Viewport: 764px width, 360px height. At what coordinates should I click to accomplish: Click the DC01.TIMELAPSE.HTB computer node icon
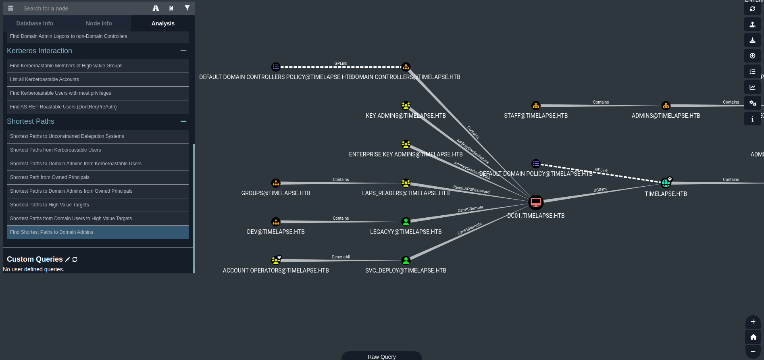tap(536, 202)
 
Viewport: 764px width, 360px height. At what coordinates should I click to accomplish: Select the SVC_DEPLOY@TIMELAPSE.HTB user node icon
tap(406, 260)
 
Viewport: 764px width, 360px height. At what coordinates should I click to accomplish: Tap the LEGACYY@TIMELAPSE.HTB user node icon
tap(406, 222)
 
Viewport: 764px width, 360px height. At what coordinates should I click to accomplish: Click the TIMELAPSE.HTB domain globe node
tap(666, 183)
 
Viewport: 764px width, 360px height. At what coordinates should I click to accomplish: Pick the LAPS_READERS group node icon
tap(406, 183)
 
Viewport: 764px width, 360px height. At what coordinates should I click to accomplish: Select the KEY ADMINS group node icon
tap(406, 106)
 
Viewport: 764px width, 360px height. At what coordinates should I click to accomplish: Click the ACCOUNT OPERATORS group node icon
tap(276, 260)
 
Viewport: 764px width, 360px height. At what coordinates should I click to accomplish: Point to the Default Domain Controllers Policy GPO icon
tap(276, 67)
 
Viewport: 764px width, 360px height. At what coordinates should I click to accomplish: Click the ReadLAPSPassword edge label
tap(471, 189)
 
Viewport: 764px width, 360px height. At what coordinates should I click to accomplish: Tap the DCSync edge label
tap(600, 189)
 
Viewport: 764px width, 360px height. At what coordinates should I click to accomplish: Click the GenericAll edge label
tap(341, 257)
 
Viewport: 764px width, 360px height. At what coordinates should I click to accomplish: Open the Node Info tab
tap(99, 23)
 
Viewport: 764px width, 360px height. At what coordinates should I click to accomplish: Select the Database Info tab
tap(35, 23)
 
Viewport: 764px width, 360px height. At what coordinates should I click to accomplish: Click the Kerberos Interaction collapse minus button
tap(183, 51)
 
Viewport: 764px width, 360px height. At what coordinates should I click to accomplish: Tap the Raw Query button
tap(381, 356)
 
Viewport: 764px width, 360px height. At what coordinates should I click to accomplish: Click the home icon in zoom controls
tap(753, 337)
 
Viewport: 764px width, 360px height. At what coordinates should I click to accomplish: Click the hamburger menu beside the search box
tap(11, 8)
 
